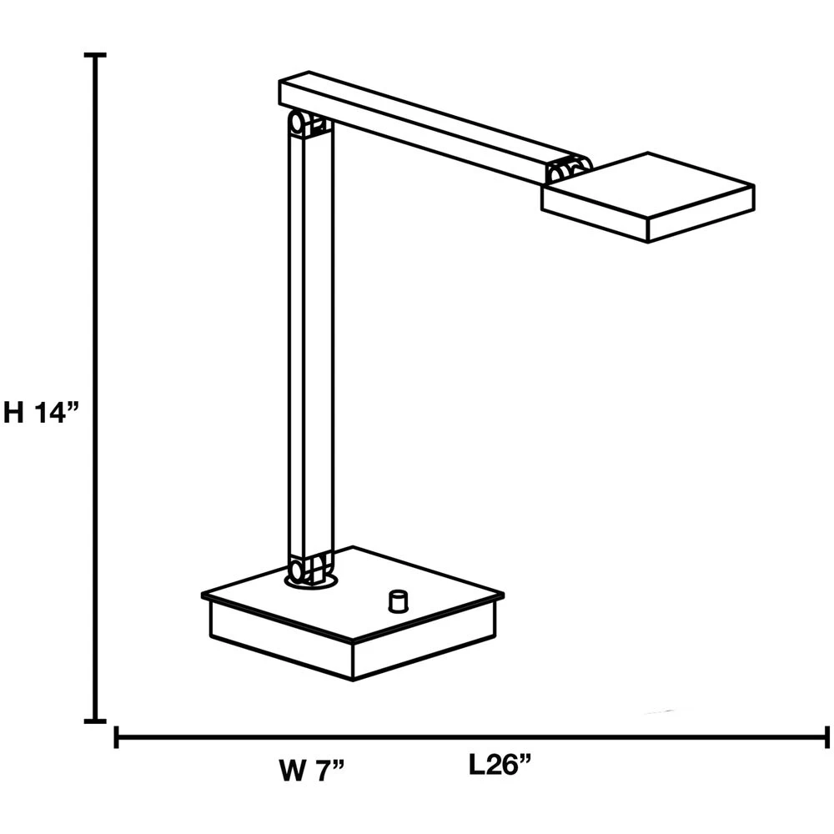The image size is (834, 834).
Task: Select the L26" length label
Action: [x=500, y=765]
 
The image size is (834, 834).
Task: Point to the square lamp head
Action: [x=648, y=197]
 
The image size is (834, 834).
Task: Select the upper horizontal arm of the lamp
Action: [x=425, y=129]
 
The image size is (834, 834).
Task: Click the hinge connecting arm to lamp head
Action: [x=566, y=170]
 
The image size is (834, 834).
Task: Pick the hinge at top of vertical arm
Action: [x=307, y=125]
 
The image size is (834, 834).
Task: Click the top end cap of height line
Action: [x=97, y=55]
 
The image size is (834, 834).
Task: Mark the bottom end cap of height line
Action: [x=97, y=721]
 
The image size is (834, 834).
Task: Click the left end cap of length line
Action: [x=116, y=737]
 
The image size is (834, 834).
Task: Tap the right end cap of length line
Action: [x=826, y=737]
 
